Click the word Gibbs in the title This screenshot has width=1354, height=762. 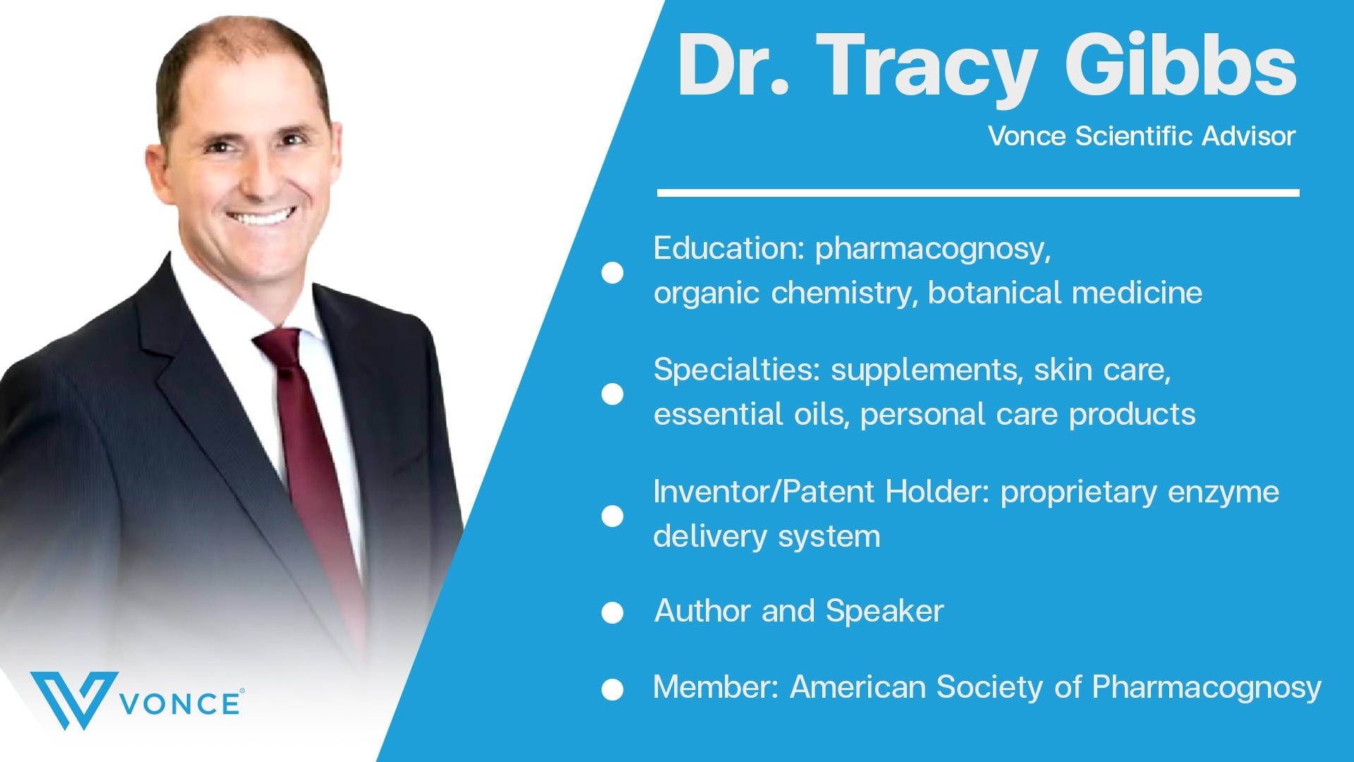tap(1181, 66)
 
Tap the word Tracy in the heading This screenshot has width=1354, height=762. tap(927, 69)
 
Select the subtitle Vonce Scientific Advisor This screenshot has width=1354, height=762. tap(1142, 136)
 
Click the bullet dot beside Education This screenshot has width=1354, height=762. tap(612, 273)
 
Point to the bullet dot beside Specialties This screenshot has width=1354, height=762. tap(612, 394)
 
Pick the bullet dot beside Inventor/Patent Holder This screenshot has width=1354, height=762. tap(612, 516)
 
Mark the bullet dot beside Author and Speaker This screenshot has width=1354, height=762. tap(612, 612)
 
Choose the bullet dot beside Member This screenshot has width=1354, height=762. tap(612, 689)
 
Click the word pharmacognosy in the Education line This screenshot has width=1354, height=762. tap(933, 250)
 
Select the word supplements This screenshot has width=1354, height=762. tap(927, 371)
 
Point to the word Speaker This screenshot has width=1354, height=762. tap(884, 611)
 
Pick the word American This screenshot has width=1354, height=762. tap(858, 687)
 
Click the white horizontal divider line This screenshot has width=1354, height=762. tap(978, 193)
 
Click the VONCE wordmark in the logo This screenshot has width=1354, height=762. tap(181, 703)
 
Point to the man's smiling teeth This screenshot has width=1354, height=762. tap(262, 216)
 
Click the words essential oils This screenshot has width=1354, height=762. tap(750, 414)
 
